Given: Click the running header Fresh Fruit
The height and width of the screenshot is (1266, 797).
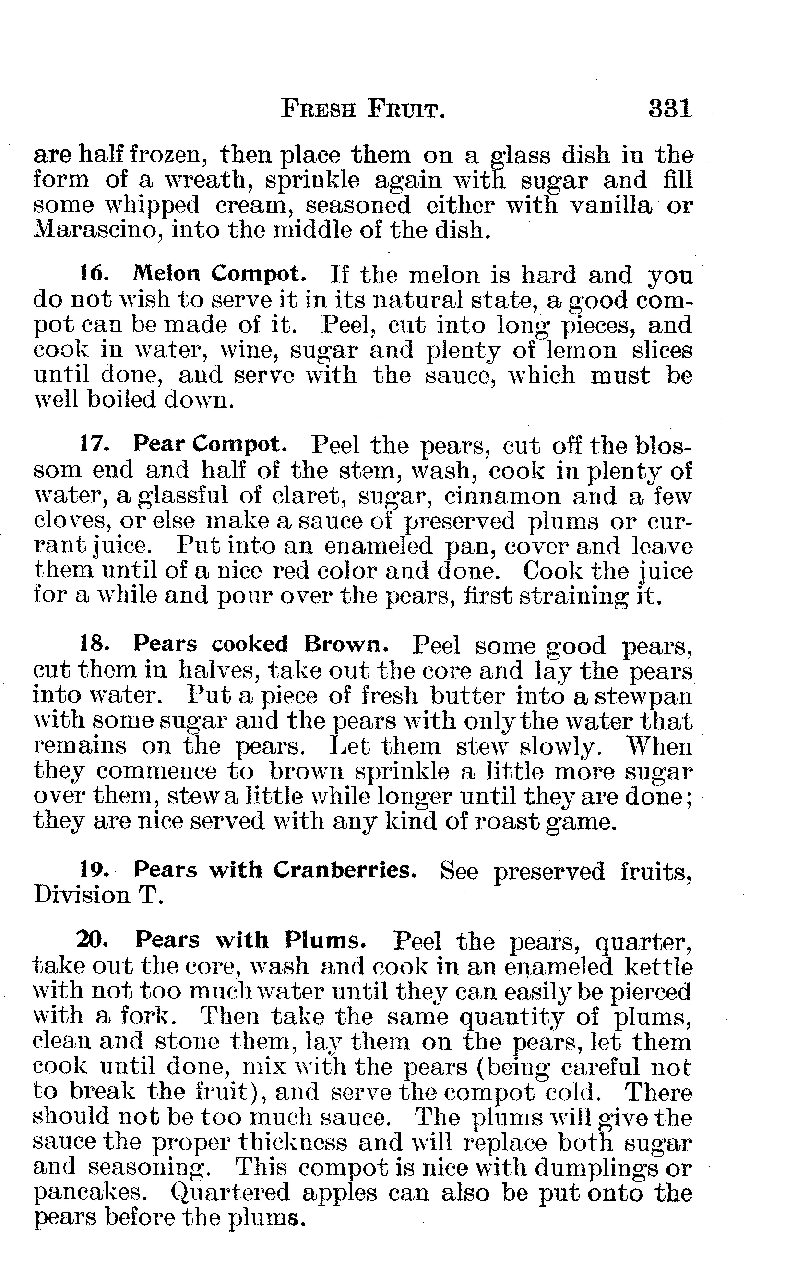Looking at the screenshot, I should tap(363, 110).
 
